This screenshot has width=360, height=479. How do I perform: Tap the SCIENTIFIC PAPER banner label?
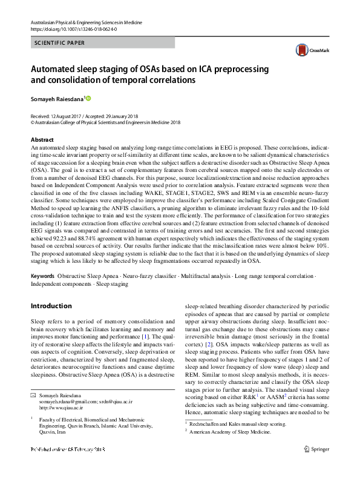[61, 43]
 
